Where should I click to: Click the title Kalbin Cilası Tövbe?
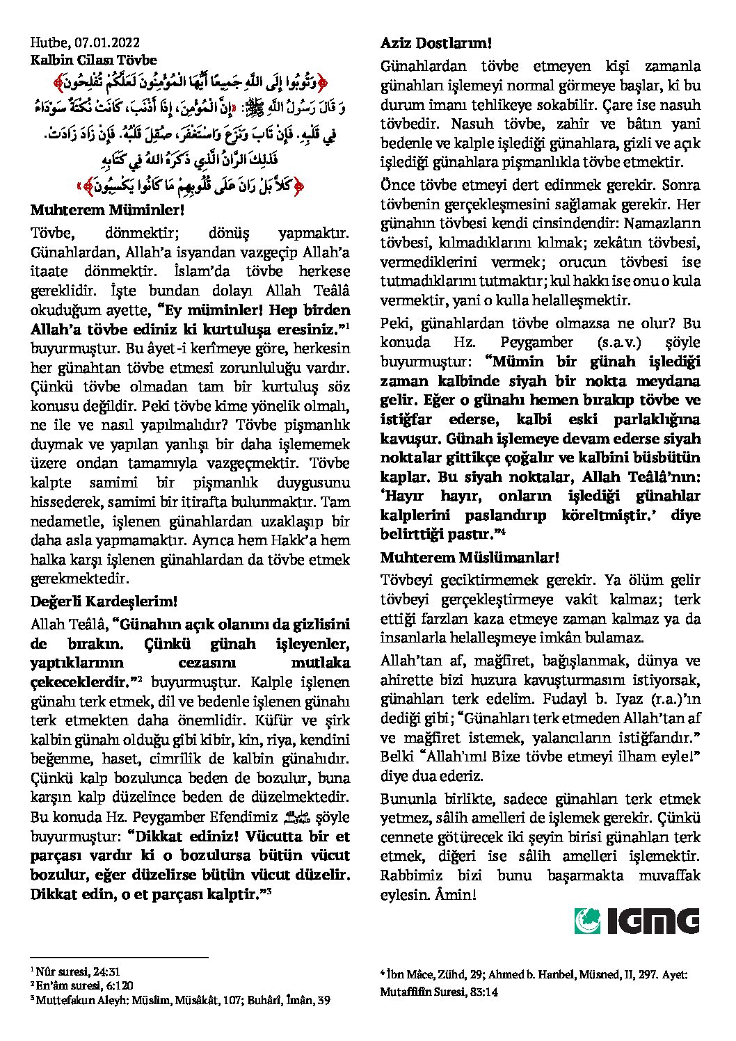click(x=94, y=60)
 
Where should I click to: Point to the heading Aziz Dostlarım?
click(x=436, y=43)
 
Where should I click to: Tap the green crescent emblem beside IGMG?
click(x=587, y=921)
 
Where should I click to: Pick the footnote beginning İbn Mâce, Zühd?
click(x=534, y=975)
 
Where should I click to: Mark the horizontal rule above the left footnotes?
click(x=120, y=958)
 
